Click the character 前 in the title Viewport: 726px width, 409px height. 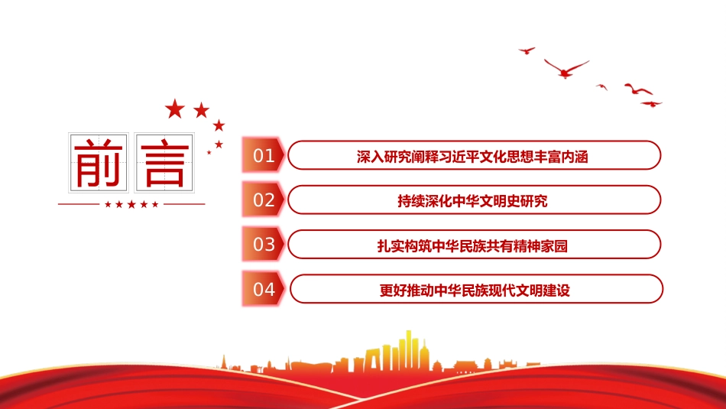click(99, 163)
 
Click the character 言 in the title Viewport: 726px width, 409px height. click(164, 163)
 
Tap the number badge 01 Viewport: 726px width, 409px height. click(263, 155)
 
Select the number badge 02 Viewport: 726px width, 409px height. click(263, 200)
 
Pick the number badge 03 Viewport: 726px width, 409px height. click(263, 244)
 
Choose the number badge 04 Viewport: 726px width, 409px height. click(263, 289)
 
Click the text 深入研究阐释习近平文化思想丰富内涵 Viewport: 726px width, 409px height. click(472, 157)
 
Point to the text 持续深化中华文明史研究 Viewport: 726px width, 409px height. click(472, 201)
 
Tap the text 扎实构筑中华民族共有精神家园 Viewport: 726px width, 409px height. click(472, 246)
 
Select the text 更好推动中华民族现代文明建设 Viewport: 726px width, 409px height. click(475, 291)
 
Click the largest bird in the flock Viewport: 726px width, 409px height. click(566, 69)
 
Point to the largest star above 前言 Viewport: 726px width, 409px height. click(175, 109)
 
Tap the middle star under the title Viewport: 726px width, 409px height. click(131, 204)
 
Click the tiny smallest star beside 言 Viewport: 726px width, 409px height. click(209, 152)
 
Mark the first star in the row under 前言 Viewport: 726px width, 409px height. click(108, 204)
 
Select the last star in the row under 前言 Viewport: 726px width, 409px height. click(155, 204)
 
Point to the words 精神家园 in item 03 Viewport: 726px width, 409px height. click(541, 246)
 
